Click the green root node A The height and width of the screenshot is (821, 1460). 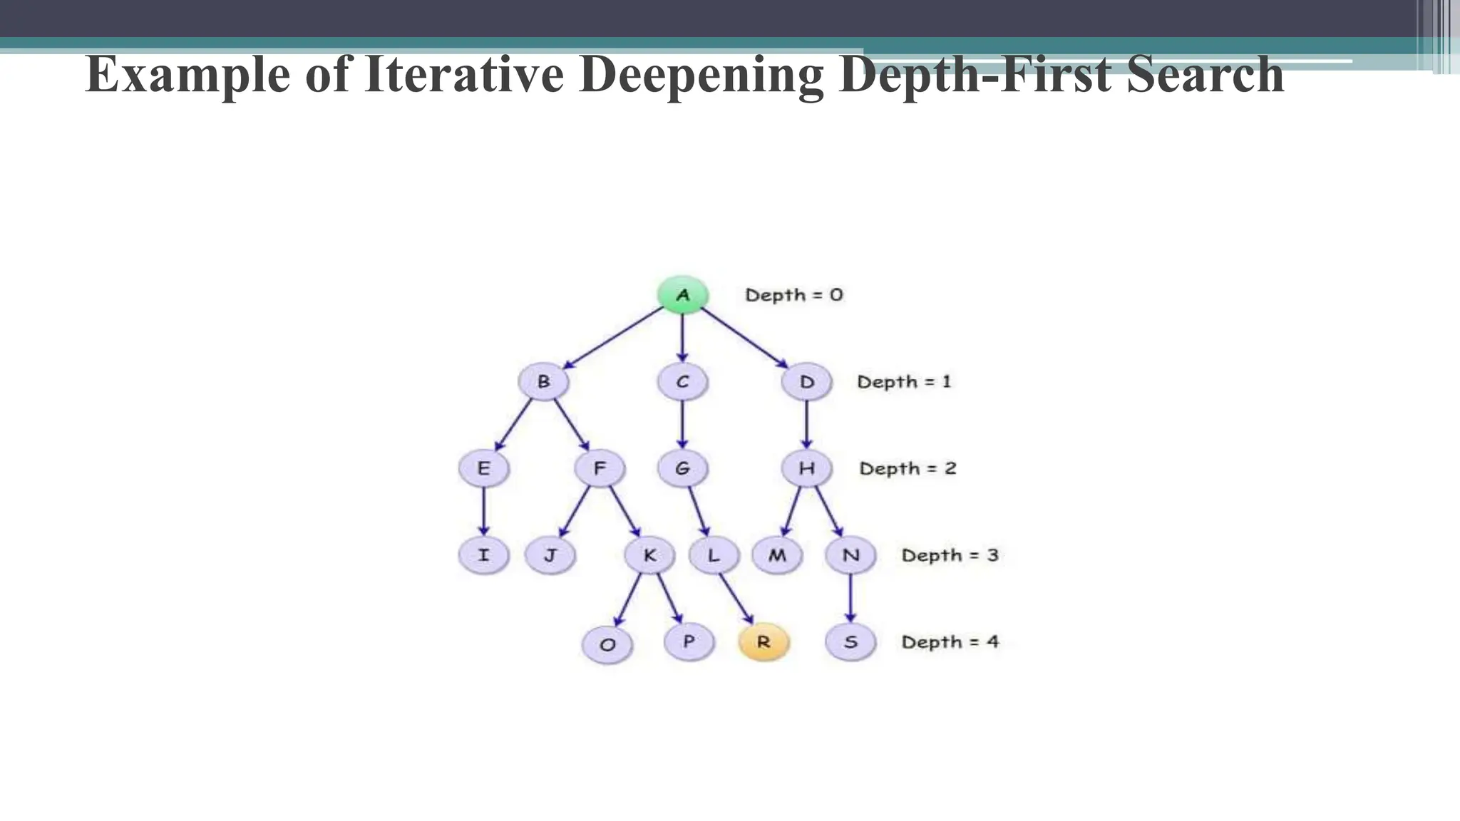[x=682, y=294]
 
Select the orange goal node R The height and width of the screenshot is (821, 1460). [x=763, y=641]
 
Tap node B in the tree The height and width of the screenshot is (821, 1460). [x=543, y=381]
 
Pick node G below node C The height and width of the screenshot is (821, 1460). [x=682, y=468]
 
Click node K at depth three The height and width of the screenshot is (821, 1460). [x=649, y=555]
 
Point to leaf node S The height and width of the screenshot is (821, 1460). [x=850, y=641]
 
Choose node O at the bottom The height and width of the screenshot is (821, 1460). [x=607, y=645]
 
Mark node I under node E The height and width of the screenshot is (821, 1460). [x=483, y=555]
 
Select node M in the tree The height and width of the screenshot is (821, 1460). [x=777, y=555]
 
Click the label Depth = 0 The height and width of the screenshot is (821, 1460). [x=793, y=294]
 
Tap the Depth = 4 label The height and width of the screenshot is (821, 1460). [x=950, y=641]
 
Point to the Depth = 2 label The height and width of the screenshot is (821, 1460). [x=908, y=468]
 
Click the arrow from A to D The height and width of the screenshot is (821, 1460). [x=744, y=337]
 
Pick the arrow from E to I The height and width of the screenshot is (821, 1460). [x=484, y=511]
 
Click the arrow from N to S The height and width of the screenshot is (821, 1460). [x=850, y=598]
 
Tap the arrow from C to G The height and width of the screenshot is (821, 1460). [x=682, y=425]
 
